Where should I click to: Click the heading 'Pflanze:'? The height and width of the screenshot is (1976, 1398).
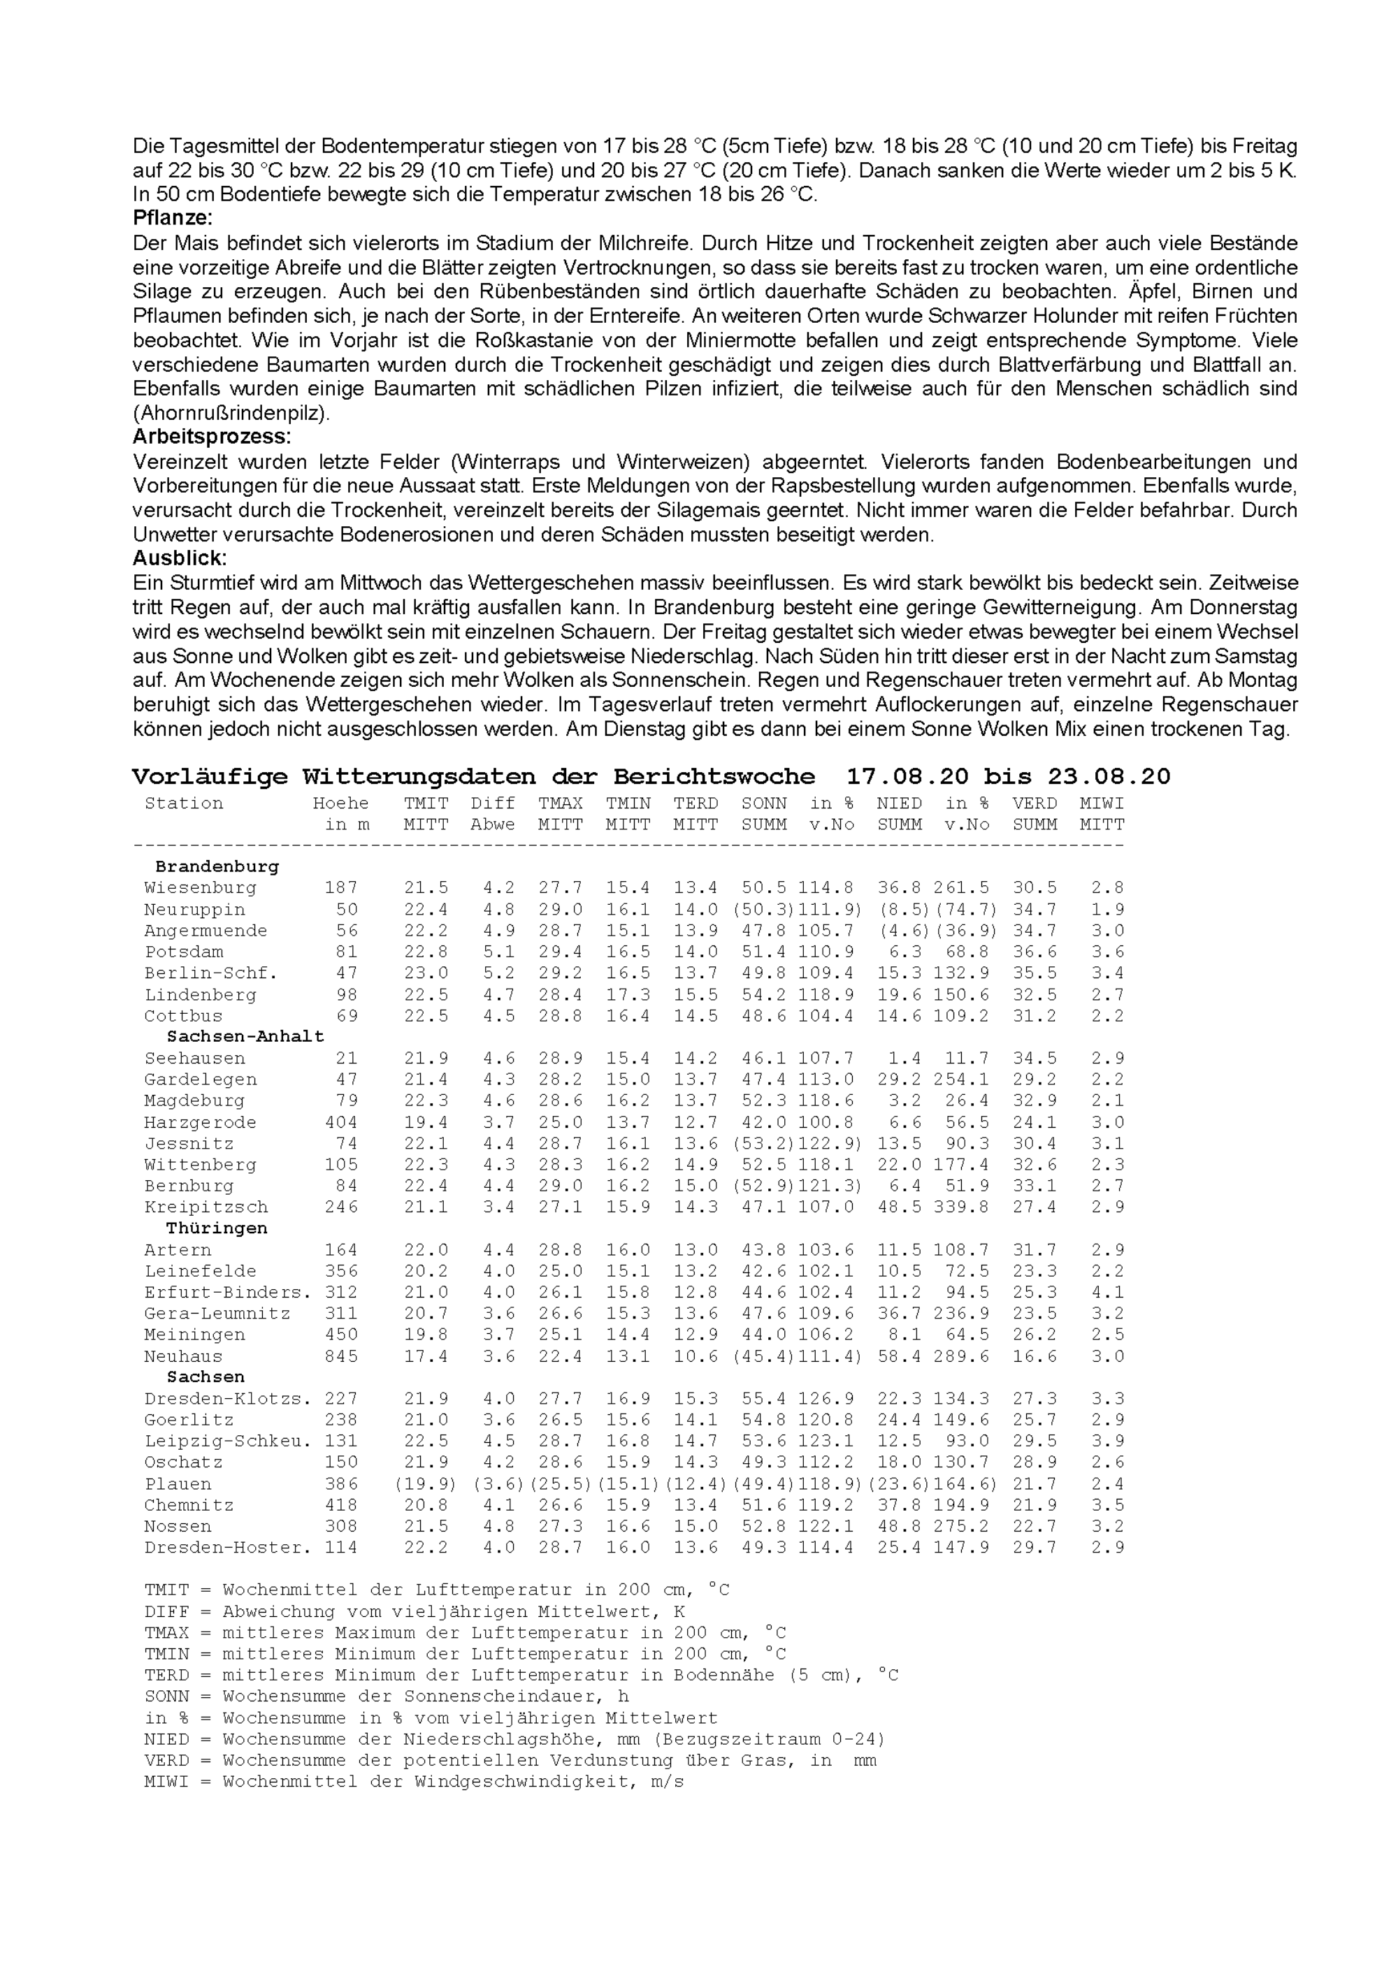(172, 219)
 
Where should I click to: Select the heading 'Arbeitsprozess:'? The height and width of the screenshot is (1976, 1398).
(212, 437)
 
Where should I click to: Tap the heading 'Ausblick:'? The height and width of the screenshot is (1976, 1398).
(179, 558)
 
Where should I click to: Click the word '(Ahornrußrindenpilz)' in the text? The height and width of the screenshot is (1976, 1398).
(231, 413)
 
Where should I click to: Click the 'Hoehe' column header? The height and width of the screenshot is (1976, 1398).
(341, 804)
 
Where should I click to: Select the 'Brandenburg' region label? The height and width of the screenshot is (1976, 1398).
(217, 866)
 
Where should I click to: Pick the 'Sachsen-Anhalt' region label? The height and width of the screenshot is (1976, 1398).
(245, 1037)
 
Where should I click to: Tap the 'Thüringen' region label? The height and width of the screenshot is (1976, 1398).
(217, 1228)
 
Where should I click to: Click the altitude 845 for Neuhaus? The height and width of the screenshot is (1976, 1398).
(341, 1356)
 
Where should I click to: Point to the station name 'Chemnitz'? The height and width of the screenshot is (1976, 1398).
(189, 1505)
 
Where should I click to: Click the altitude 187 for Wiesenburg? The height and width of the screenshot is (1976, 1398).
(341, 888)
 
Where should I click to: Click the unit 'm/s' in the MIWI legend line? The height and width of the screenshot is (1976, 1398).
(667, 1782)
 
